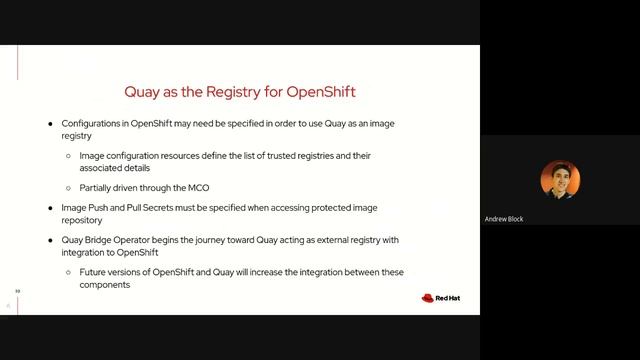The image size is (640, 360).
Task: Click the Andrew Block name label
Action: click(x=504, y=219)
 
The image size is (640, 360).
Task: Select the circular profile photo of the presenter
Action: click(x=560, y=180)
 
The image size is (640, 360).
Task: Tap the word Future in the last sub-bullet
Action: click(x=93, y=272)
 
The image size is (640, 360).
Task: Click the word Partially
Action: click(x=98, y=187)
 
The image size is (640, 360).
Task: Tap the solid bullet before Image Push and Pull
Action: click(x=51, y=207)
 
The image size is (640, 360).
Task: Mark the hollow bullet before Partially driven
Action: click(x=68, y=187)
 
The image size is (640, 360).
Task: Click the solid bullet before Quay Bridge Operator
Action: click(x=51, y=240)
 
